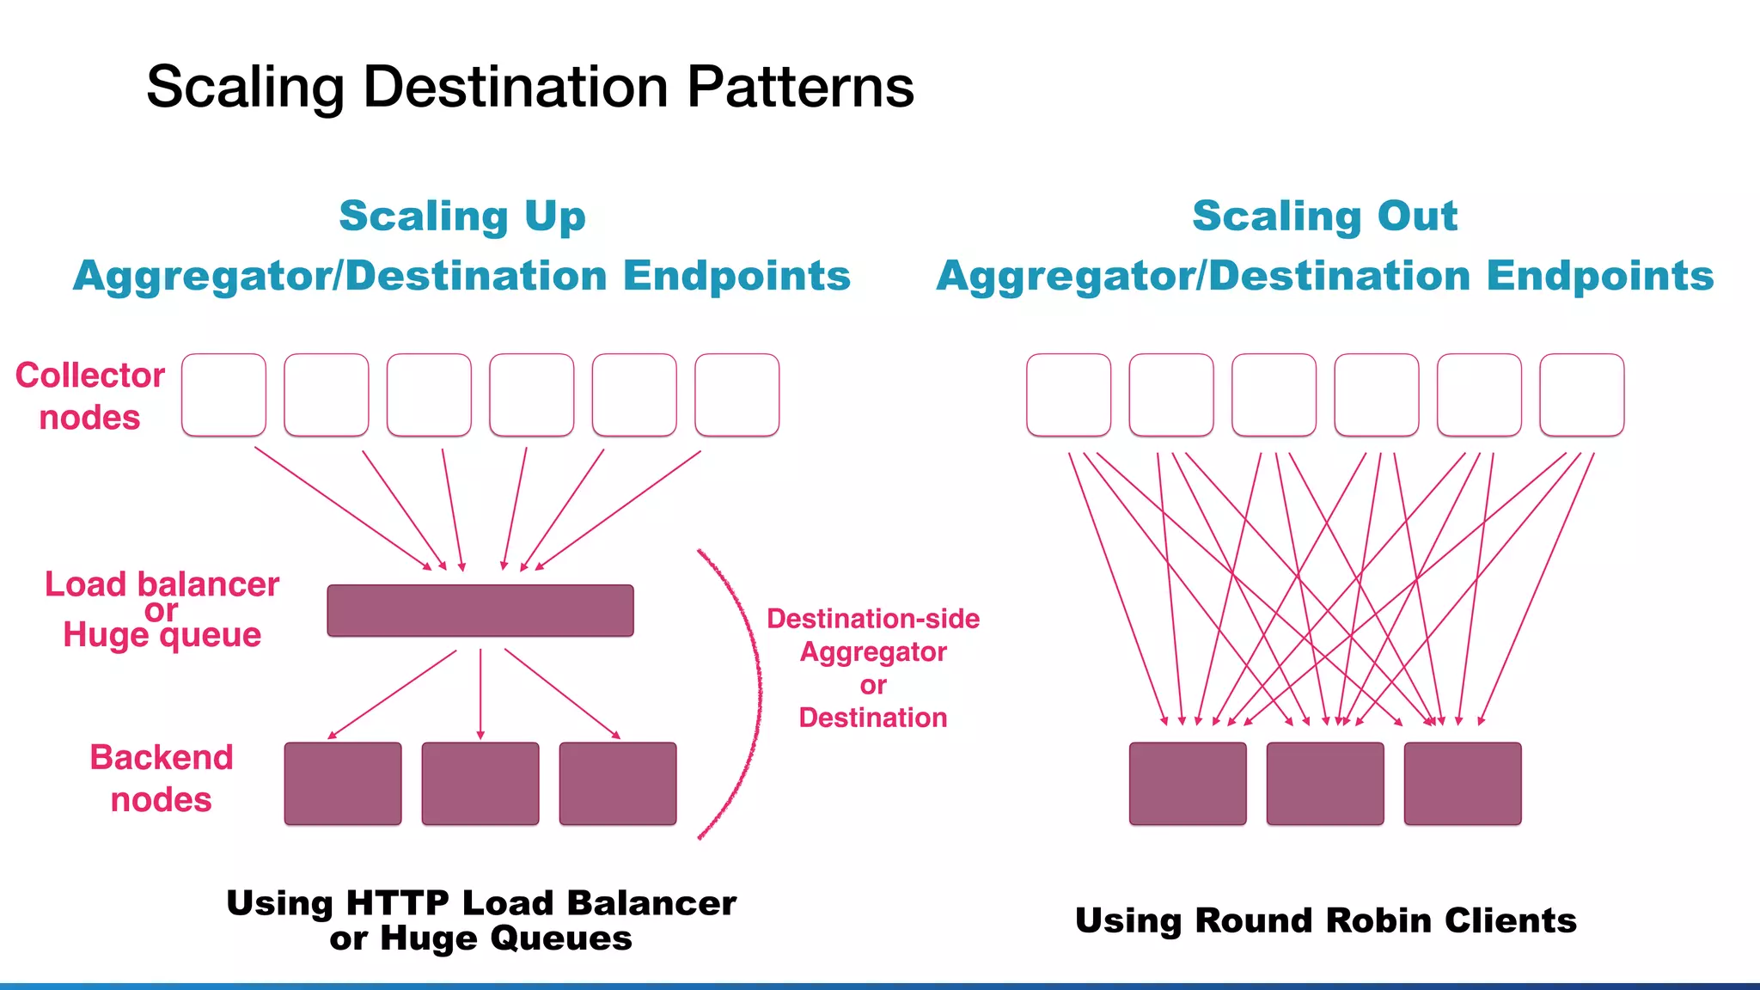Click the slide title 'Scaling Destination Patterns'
[529, 87]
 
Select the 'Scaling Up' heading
[462, 216]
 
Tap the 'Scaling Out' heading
[1324, 216]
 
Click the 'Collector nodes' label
[90, 396]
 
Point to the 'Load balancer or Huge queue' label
[162, 609]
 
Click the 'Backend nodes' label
[162, 779]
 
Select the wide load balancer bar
[480, 611]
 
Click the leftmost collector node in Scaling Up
[223, 394]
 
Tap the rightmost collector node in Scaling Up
[736, 394]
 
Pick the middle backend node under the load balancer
[480, 784]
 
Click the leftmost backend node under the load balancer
[343, 784]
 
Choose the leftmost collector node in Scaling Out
[1068, 394]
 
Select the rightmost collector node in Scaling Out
[1581, 394]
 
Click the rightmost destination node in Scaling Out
[1463, 784]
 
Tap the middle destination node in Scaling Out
[1325, 784]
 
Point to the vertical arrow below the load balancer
[480, 693]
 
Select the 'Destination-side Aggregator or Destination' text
[873, 668]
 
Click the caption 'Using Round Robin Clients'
[1325, 920]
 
